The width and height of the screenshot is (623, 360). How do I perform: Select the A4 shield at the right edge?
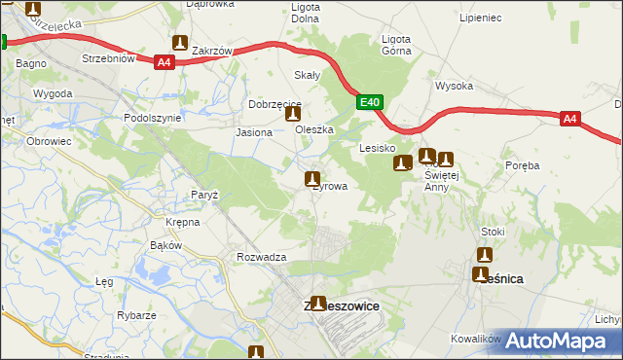[570, 119]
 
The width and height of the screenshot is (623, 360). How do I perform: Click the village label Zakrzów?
[211, 51]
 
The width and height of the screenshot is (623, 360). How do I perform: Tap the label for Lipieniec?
[479, 18]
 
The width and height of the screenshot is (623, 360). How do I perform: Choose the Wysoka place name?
[454, 86]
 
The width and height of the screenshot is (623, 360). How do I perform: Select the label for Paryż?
[204, 195]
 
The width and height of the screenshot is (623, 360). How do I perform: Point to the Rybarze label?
[136, 315]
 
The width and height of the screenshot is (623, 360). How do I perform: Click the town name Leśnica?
[503, 278]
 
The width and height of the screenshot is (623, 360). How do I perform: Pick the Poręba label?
[522, 165]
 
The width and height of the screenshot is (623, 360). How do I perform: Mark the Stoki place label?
[493, 232]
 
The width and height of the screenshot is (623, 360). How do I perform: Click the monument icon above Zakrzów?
[180, 43]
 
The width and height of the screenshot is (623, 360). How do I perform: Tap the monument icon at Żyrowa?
[312, 179]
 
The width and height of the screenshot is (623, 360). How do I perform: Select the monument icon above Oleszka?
[293, 114]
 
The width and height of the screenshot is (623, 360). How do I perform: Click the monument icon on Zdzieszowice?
[316, 304]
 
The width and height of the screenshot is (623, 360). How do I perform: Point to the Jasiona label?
[253, 132]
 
